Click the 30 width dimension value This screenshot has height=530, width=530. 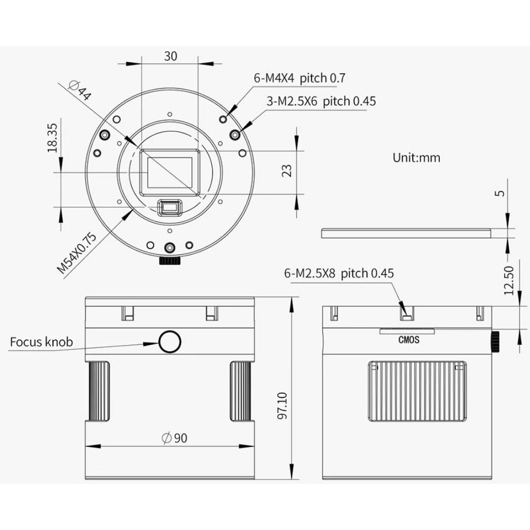point(170,56)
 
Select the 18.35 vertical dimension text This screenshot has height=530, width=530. point(52,139)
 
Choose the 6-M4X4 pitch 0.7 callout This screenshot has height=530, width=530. point(299,78)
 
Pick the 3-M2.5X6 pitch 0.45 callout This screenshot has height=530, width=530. point(321,101)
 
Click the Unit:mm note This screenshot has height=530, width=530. point(416,157)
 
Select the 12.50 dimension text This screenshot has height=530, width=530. point(509,280)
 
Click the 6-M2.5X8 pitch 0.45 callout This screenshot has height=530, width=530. point(339,273)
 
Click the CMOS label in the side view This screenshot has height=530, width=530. point(408,340)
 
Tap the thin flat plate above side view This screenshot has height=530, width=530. point(408,232)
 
